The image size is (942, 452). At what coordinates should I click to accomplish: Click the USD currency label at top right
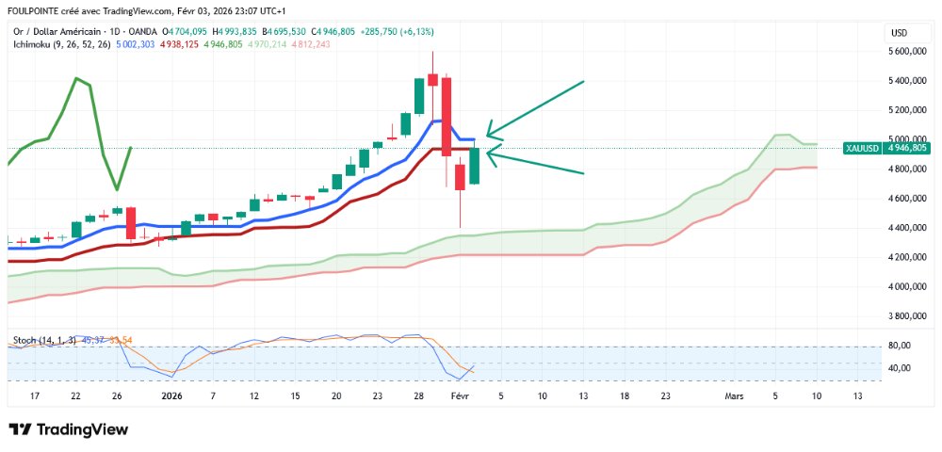tap(899, 34)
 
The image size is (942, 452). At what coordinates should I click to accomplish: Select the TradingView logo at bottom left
tap(68, 429)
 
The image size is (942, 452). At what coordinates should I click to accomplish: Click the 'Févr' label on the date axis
tap(460, 396)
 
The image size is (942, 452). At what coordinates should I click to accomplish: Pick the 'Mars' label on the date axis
tap(734, 396)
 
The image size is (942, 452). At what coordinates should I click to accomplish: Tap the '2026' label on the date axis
tap(171, 396)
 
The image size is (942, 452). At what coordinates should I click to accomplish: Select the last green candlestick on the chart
tap(475, 165)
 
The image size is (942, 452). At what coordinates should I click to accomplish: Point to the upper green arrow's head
tap(488, 134)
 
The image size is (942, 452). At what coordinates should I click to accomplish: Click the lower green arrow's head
tap(488, 154)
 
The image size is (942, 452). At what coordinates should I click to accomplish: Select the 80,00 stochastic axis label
tap(901, 346)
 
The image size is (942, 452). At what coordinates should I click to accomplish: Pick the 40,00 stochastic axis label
tap(901, 368)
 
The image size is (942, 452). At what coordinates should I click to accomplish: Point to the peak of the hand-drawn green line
tap(75, 79)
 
